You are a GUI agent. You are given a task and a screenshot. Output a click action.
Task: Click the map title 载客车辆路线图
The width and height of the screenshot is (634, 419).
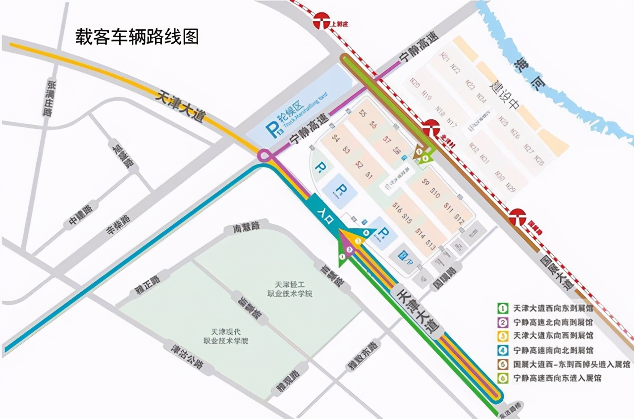coord(137,37)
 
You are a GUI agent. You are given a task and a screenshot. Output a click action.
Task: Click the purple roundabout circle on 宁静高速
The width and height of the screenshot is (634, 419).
coord(264,156)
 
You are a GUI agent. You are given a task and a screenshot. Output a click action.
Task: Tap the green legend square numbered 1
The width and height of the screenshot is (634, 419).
coord(503,308)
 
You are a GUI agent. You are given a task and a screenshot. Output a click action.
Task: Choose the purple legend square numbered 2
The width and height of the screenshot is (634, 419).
coord(503,322)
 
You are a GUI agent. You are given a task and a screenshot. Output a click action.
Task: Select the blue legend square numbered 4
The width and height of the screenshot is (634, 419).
coord(503,350)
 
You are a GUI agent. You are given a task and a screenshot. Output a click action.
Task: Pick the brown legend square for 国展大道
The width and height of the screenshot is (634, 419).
coord(503,364)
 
